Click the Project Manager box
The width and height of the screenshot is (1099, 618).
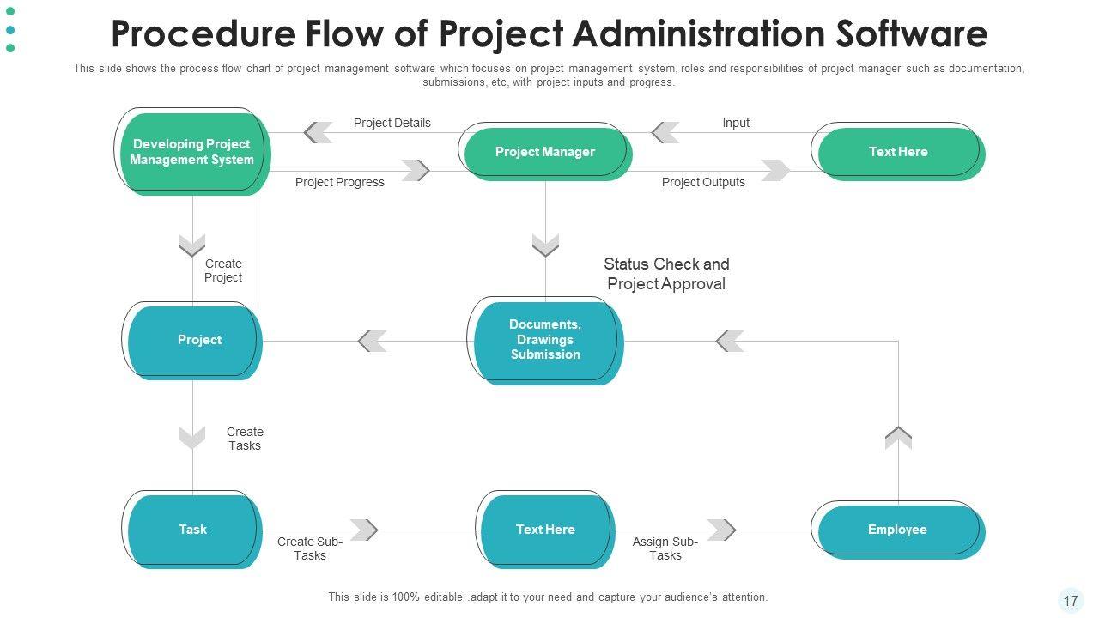click(545, 152)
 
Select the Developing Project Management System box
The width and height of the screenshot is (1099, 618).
click(192, 152)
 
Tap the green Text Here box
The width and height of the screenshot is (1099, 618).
click(898, 152)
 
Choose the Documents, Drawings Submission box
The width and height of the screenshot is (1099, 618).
click(545, 340)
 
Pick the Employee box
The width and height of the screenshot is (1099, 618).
click(897, 530)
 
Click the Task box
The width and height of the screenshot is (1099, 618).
click(192, 530)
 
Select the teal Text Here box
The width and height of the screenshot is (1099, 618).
click(545, 530)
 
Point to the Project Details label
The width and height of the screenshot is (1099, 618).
click(392, 123)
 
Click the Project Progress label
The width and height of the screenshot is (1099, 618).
click(340, 182)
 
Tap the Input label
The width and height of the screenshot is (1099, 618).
click(736, 123)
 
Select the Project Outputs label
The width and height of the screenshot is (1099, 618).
click(703, 182)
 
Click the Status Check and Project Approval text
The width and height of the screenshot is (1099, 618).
click(666, 274)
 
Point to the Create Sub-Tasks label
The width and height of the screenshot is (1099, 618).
click(310, 548)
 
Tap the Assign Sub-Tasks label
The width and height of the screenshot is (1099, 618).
click(665, 548)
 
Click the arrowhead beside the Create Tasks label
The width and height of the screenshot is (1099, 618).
click(192, 438)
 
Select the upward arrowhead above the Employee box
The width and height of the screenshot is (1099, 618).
click(898, 438)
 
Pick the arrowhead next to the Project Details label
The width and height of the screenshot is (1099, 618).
click(319, 133)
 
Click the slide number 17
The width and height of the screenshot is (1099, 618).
click(1071, 601)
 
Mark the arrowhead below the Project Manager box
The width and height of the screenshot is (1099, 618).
click(545, 245)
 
